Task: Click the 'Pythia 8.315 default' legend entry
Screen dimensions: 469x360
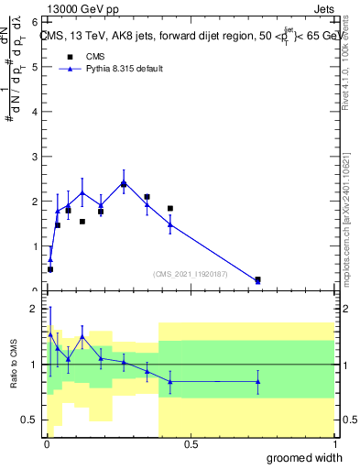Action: click(110, 70)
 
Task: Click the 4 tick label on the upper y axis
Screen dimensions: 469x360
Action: click(34, 111)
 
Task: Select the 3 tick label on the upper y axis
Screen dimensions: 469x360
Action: click(34, 156)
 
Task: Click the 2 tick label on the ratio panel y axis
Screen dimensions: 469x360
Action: click(34, 309)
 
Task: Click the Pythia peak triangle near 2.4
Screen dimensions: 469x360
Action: click(124, 182)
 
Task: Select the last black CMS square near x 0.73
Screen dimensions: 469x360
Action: click(257, 279)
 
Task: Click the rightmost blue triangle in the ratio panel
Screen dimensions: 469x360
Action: click(257, 381)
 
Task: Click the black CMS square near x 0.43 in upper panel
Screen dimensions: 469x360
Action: click(170, 209)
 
